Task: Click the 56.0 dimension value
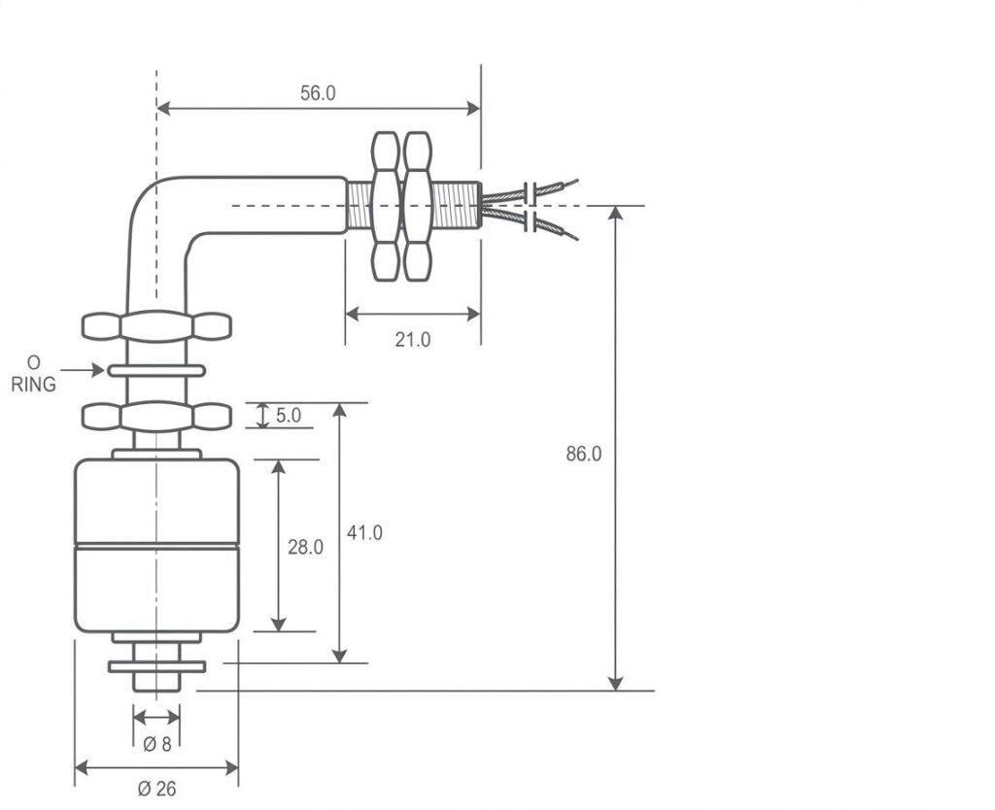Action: [x=318, y=93]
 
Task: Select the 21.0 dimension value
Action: [x=413, y=339]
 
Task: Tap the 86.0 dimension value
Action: [x=584, y=454]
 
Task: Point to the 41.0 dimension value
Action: [x=364, y=532]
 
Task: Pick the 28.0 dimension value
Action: [x=305, y=547]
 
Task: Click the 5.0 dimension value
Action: [x=289, y=416]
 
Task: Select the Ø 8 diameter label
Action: [x=156, y=745]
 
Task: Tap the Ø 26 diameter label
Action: [x=156, y=789]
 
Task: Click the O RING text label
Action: [x=34, y=373]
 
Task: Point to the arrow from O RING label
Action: [x=84, y=370]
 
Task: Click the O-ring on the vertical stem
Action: [x=156, y=371]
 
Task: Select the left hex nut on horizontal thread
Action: [x=386, y=206]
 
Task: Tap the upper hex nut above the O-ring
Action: [x=156, y=326]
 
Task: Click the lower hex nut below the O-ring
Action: [x=156, y=417]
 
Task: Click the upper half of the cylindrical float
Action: [x=156, y=502]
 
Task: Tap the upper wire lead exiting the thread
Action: [x=544, y=188]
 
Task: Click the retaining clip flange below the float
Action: [x=156, y=666]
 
